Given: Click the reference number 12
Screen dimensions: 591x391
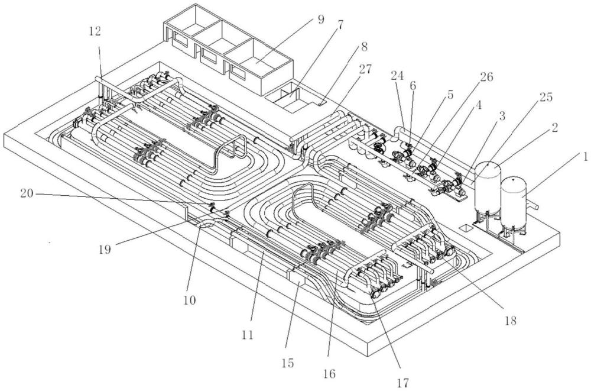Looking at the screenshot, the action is [x=95, y=32].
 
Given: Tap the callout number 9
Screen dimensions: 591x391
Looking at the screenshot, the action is [x=320, y=20].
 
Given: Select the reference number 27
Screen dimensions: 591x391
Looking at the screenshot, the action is [x=365, y=69].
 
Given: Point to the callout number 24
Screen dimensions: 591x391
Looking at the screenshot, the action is [x=397, y=76].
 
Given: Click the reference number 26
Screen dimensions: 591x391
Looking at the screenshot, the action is [x=486, y=77].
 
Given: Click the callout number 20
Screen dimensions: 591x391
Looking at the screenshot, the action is [x=27, y=193].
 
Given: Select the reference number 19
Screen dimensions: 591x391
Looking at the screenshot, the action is [x=105, y=250].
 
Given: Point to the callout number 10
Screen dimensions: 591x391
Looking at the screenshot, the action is [x=190, y=300].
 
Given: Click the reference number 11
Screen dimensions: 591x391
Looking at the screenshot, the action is [x=248, y=334].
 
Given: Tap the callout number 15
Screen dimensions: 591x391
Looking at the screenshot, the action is [x=288, y=363].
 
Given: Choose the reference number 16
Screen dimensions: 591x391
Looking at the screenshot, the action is [x=329, y=374].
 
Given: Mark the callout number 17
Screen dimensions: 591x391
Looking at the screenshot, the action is [x=402, y=383].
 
